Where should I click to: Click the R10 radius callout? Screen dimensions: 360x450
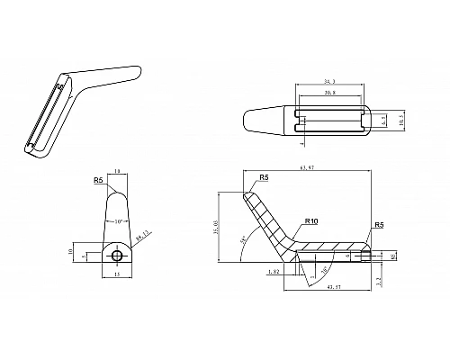(312, 220)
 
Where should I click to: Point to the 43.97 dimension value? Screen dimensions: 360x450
(335, 286)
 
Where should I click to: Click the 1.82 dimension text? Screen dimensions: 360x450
(273, 269)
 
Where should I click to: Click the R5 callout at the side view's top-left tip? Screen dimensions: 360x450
(264, 178)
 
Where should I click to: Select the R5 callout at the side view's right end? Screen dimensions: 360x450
(379, 224)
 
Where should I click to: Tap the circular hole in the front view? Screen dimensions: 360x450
(117, 256)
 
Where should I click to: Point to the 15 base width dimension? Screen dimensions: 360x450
(117, 274)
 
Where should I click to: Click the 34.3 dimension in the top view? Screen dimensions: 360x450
(330, 82)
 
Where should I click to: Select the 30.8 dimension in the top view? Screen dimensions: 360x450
(330, 93)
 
